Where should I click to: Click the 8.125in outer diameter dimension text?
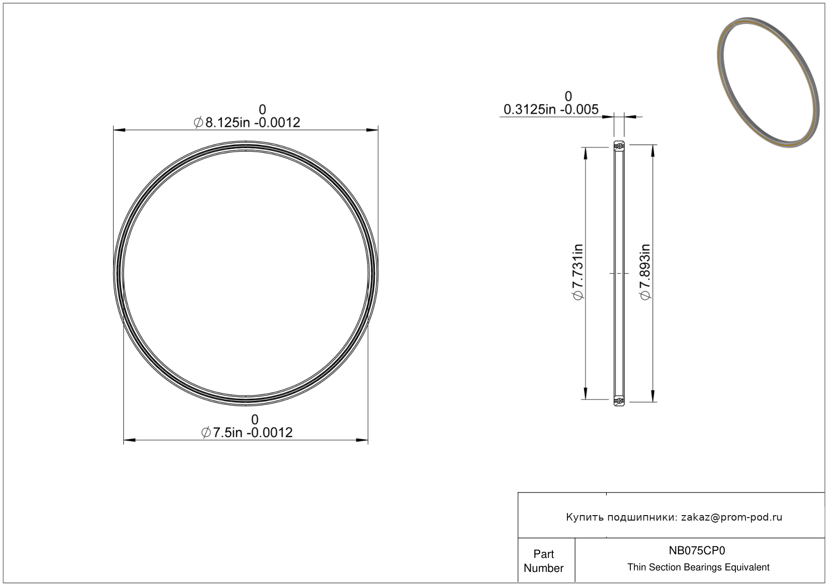pyautogui.click(x=247, y=122)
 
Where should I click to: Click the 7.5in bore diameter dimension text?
pyautogui.click(x=247, y=432)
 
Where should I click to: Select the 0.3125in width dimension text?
pyautogui.click(x=551, y=110)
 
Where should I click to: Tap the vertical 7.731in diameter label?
pyautogui.click(x=578, y=272)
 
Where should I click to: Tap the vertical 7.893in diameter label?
pyautogui.click(x=645, y=272)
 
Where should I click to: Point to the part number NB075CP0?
pyautogui.click(x=697, y=550)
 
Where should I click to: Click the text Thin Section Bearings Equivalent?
pyautogui.click(x=698, y=567)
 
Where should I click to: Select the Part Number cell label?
pyautogui.click(x=543, y=561)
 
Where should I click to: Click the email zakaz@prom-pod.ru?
pyautogui.click(x=731, y=517)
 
